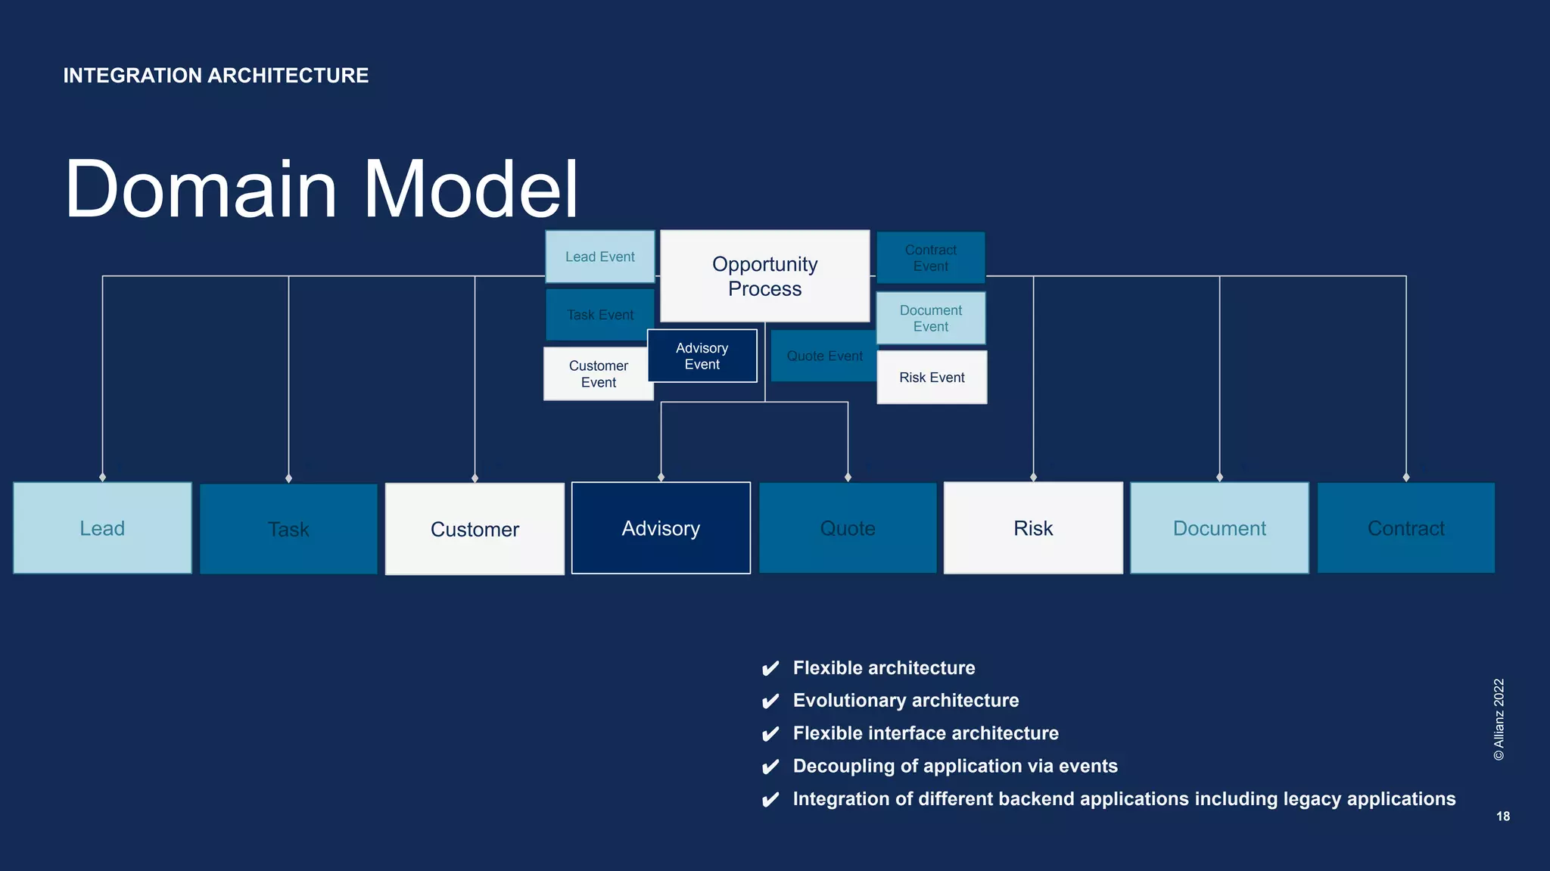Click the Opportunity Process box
(764, 276)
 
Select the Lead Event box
(599, 257)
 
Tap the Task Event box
(599, 315)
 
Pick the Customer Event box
(597, 374)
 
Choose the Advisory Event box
(702, 356)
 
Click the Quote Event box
(823, 356)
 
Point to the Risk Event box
(932, 378)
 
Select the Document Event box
(930, 319)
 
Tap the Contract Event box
(930, 258)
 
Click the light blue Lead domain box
(102, 528)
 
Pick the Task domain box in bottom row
(288, 529)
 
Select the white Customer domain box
(475, 529)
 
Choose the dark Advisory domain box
(661, 528)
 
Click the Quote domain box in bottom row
(848, 528)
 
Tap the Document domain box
(1219, 528)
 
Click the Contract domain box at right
(1405, 528)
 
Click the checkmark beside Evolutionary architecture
(770, 701)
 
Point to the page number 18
(1502, 816)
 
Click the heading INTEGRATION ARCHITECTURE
(216, 76)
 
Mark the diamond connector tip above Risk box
(1033, 477)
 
